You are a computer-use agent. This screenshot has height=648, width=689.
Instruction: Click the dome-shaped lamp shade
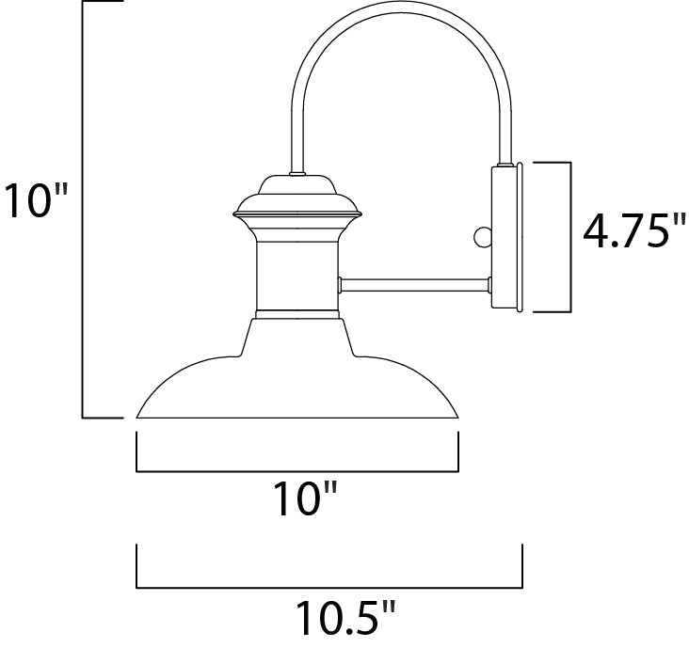click(x=297, y=386)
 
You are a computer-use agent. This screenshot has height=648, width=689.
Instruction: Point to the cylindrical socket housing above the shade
click(x=296, y=273)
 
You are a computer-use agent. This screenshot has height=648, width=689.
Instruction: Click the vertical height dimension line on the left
click(x=84, y=207)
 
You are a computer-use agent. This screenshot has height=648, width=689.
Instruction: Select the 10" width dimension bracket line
click(x=297, y=470)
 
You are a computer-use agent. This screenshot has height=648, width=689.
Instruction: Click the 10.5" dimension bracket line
click(x=329, y=589)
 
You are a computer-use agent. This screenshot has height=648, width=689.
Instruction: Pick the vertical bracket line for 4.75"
click(x=571, y=237)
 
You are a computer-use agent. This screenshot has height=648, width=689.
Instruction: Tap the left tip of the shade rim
click(x=139, y=416)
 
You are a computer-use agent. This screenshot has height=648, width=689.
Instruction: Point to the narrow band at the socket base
click(x=296, y=311)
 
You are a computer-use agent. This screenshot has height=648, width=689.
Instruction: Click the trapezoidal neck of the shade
click(x=297, y=336)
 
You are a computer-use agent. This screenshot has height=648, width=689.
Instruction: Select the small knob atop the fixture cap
click(x=296, y=174)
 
